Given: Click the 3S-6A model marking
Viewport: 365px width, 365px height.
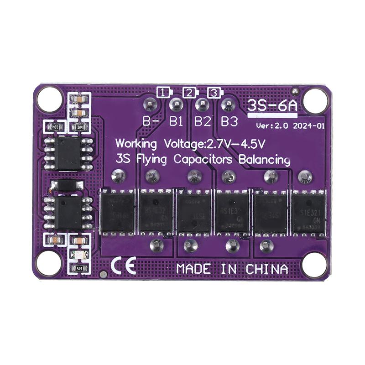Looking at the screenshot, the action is click(x=272, y=106).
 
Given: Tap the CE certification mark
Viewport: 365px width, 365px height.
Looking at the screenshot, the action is click(x=123, y=266).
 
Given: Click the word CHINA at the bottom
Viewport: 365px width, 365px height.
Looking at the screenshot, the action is click(x=267, y=269).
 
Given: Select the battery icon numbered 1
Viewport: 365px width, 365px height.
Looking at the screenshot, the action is click(x=163, y=92).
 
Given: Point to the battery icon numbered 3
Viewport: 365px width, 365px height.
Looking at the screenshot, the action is click(x=214, y=92).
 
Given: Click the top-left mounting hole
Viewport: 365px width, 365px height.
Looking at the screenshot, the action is click(x=49, y=99).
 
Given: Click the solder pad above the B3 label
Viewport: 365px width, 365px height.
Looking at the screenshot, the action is click(x=227, y=105).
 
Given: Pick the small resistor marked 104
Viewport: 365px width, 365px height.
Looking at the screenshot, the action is click(x=80, y=128).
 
